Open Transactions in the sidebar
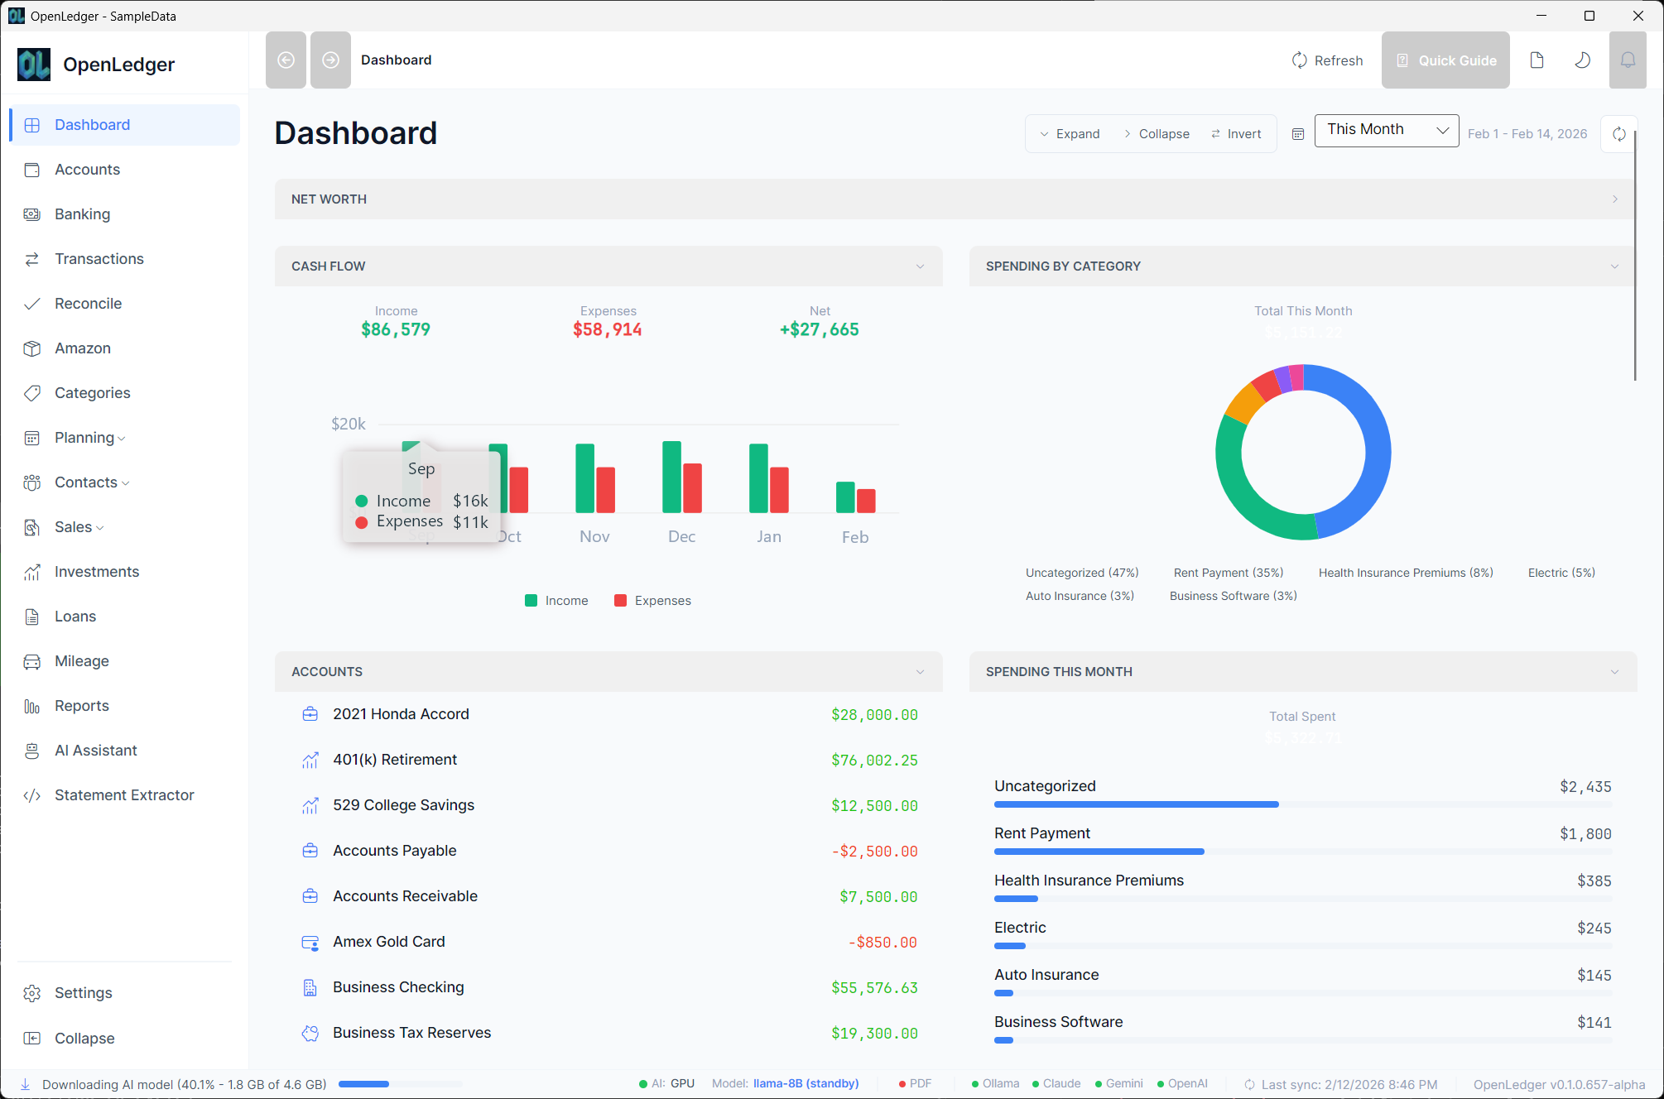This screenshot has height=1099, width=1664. [99, 259]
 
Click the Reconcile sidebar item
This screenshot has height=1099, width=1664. [88, 304]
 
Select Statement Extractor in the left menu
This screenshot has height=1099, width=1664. [124, 795]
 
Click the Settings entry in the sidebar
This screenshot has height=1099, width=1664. [83, 993]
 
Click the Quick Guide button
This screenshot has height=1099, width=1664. [1445, 60]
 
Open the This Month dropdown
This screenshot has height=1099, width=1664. [1386, 130]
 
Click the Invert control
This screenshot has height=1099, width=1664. [1237, 134]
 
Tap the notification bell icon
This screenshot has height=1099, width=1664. [1628, 60]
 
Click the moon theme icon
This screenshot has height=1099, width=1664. [1582, 60]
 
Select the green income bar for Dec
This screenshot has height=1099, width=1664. [671, 478]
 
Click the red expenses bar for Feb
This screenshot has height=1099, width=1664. [866, 501]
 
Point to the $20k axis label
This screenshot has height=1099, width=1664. [348, 424]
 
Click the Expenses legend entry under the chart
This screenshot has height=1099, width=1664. [653, 601]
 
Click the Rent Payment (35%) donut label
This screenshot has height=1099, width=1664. [1228, 573]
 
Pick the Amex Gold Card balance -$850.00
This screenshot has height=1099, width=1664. [882, 943]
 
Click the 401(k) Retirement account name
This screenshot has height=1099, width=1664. [394, 760]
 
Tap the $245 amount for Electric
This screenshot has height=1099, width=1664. [1594, 929]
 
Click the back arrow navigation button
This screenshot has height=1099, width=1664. [286, 60]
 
